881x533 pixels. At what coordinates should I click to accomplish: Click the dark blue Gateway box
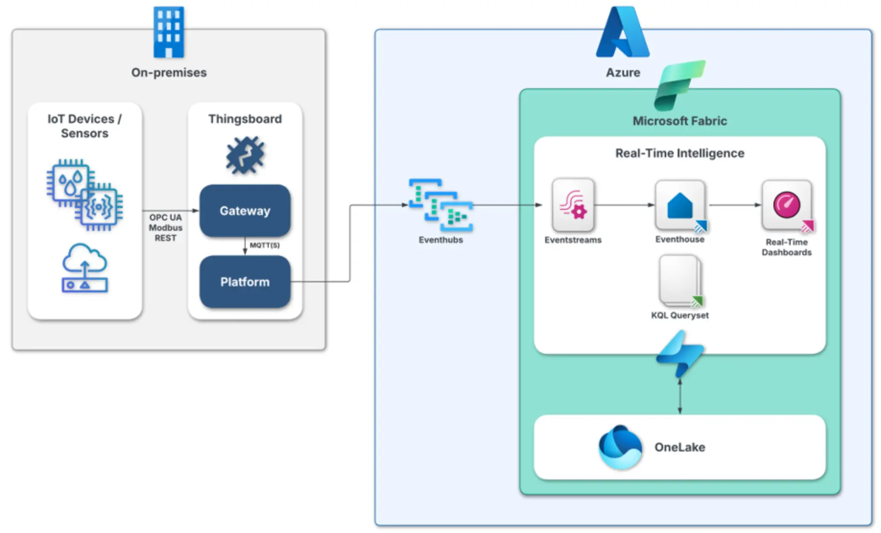point(245,211)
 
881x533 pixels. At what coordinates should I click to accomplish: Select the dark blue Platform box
point(245,282)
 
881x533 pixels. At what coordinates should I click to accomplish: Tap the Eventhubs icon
point(440,205)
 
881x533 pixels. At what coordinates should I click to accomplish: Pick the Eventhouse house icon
point(680,205)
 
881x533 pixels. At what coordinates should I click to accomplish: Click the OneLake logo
point(620,447)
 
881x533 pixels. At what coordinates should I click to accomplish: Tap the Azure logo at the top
point(622,33)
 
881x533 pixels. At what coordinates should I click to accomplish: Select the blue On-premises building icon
point(168,32)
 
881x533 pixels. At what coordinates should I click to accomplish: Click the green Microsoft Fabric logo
point(679,85)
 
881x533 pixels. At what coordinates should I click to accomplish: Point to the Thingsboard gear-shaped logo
point(245,155)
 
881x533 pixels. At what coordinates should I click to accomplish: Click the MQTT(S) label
point(265,245)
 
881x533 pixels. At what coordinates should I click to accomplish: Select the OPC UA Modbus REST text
point(165,228)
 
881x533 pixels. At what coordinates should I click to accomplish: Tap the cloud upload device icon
point(84,268)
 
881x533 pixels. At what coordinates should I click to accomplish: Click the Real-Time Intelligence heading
point(680,153)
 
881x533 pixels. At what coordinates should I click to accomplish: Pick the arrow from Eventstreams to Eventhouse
point(624,205)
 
